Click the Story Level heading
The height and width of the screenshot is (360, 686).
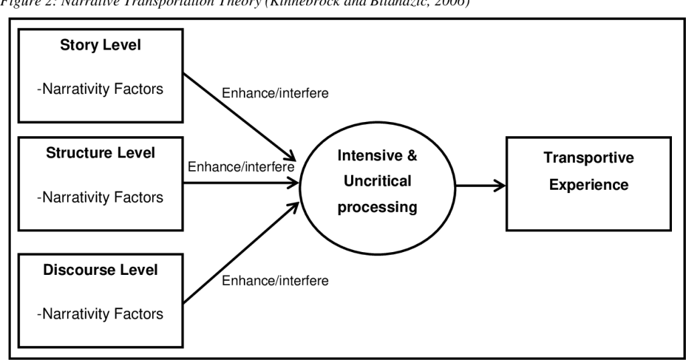pos(100,48)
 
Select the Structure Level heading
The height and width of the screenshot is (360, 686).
pos(100,153)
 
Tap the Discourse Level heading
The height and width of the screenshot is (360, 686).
pos(100,270)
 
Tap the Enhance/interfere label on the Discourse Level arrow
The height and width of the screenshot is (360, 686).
pos(275,280)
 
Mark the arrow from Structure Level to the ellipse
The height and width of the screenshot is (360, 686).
pos(241,182)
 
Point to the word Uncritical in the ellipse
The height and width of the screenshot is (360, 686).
pos(377,182)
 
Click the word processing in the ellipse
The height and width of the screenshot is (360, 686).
pos(377,207)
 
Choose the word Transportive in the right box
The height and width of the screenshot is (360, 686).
pos(589,158)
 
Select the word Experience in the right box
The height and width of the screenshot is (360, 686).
pos(589,184)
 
